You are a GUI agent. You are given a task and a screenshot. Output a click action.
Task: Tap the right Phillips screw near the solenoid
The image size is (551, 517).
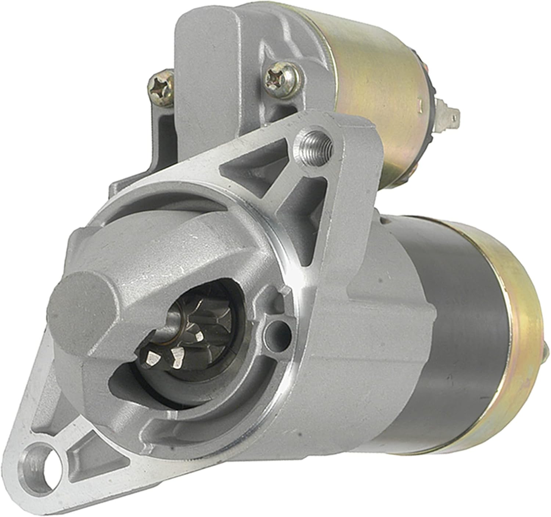click(x=280, y=78)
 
